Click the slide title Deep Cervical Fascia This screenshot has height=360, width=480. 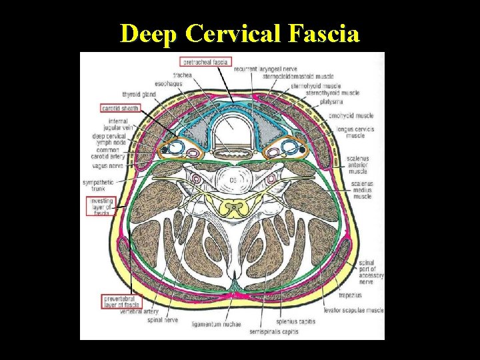(240, 33)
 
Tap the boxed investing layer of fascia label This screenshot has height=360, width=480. (99, 207)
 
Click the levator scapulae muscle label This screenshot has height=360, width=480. (354, 310)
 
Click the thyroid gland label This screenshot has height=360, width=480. (139, 95)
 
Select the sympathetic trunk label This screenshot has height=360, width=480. (98, 185)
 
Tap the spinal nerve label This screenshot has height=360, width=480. (163, 319)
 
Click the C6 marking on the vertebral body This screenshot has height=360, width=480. (234, 180)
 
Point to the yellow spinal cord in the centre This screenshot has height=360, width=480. (233, 209)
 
